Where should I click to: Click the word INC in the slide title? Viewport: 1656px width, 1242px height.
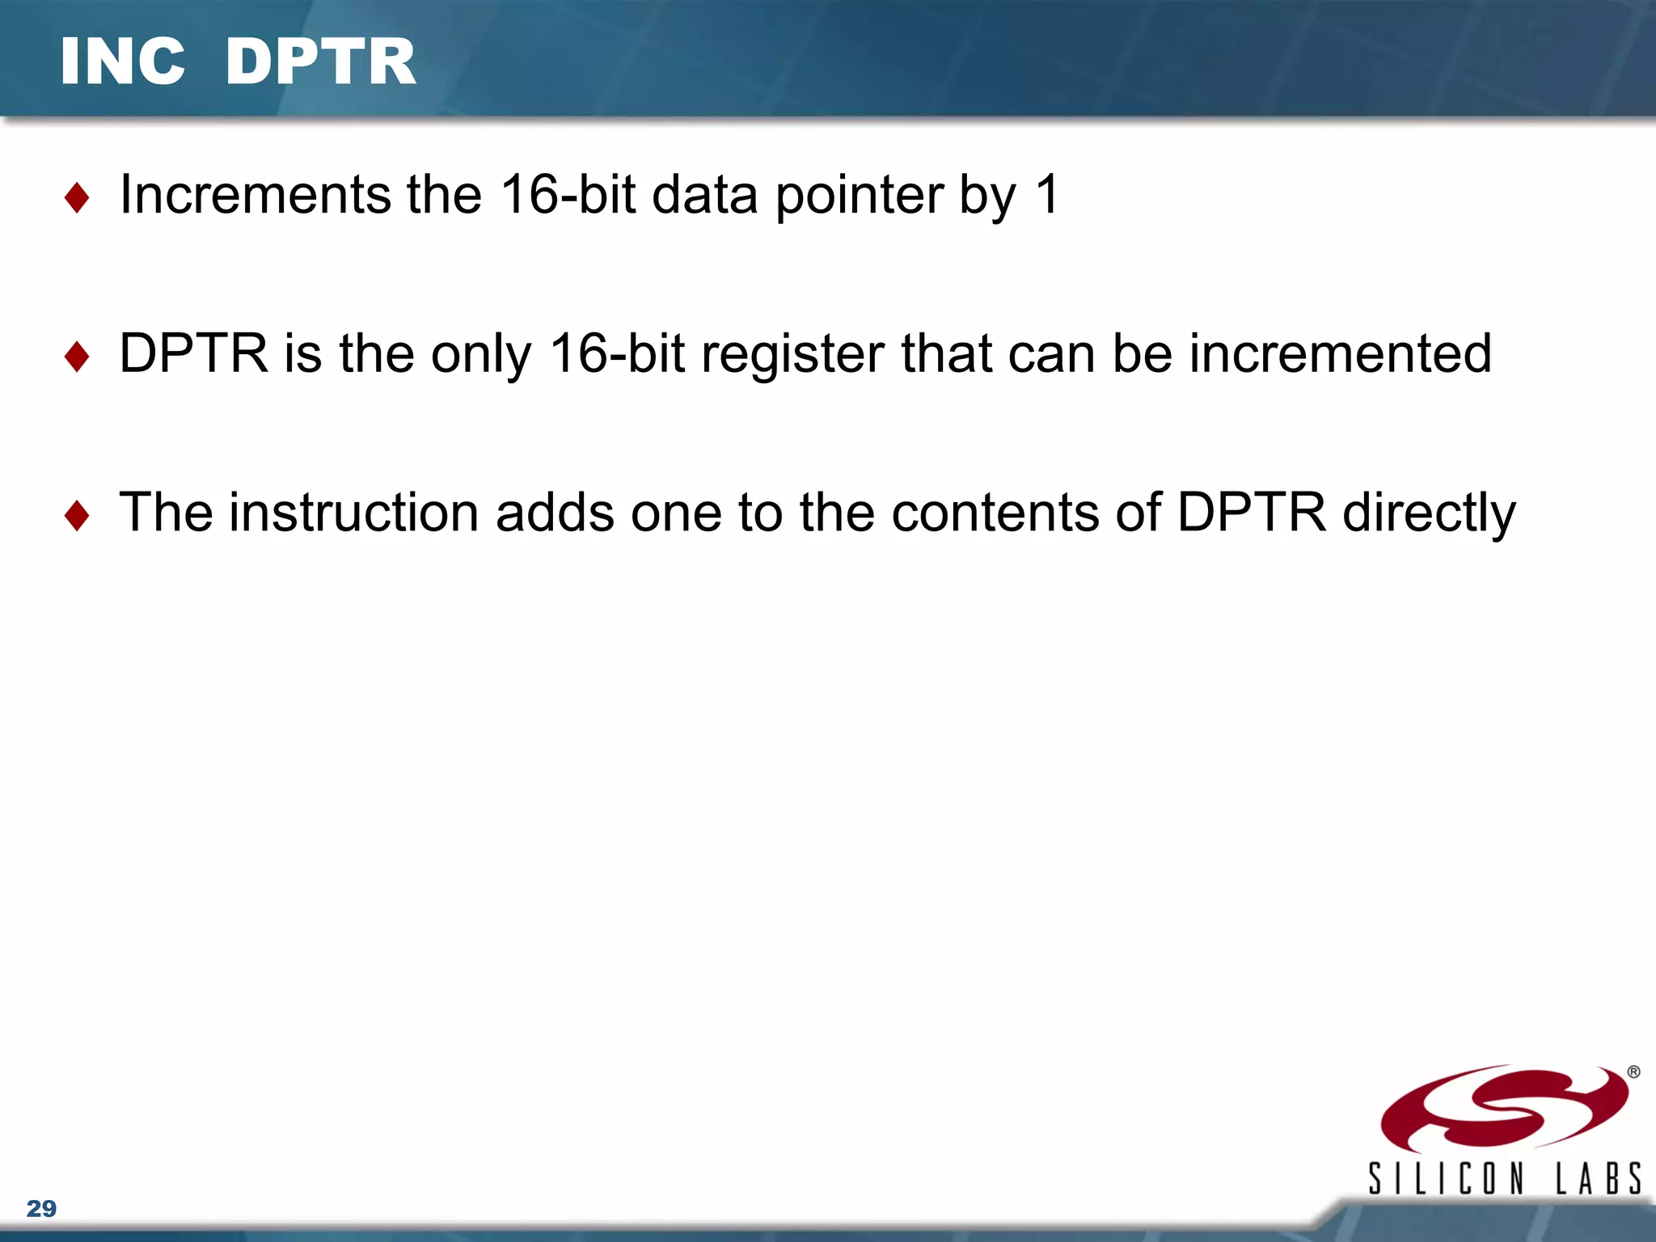pyautogui.click(x=123, y=62)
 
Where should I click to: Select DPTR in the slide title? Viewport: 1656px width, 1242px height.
pyautogui.click(x=320, y=62)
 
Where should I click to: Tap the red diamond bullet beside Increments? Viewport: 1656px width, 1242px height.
pyautogui.click(x=77, y=197)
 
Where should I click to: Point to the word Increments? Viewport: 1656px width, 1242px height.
pyautogui.click(x=255, y=195)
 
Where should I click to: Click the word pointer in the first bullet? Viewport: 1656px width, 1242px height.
pyautogui.click(x=860, y=196)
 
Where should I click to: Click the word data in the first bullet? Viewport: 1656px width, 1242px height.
pyautogui.click(x=704, y=195)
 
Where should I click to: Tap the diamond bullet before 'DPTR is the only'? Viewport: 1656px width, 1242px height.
pyautogui.click(x=77, y=357)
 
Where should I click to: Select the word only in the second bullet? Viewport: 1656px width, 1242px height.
pyautogui.click(x=480, y=355)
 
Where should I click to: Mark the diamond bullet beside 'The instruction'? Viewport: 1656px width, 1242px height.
pyautogui.click(x=77, y=515)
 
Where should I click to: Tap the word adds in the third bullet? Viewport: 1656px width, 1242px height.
pyautogui.click(x=555, y=513)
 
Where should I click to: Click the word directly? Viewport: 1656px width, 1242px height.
pyautogui.click(x=1429, y=514)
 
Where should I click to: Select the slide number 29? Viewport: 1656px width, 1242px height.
pyautogui.click(x=41, y=1209)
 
